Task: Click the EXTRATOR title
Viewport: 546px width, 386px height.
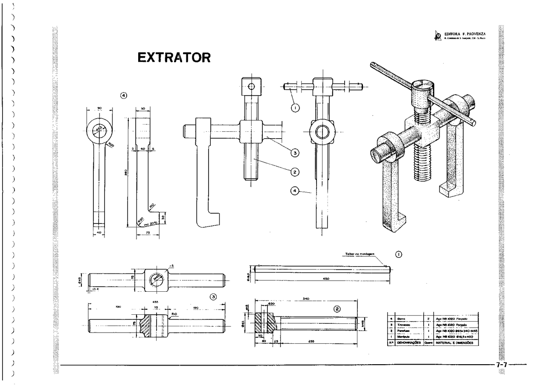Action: point(174,58)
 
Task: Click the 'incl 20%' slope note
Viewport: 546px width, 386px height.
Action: point(150,223)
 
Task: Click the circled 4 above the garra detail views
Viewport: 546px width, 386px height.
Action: point(124,96)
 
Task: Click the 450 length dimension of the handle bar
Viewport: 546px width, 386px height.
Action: point(325,278)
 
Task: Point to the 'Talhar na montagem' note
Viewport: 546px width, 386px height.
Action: point(360,254)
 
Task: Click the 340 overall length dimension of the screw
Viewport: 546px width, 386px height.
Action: point(305,299)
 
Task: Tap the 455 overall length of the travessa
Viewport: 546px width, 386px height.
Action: point(156,301)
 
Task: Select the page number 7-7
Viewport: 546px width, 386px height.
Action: point(502,365)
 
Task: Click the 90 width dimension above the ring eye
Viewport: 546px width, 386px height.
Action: point(99,108)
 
